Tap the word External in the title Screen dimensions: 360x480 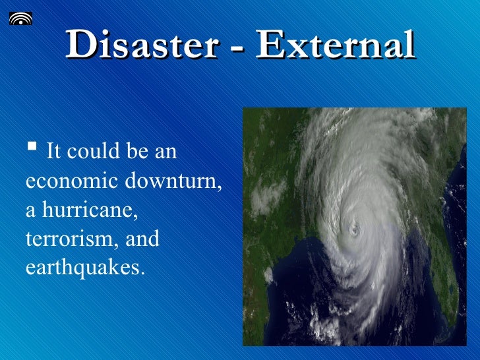point(335,45)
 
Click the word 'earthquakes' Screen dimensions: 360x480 point(82,268)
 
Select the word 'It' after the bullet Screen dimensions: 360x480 point(54,152)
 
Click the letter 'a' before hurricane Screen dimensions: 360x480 point(31,212)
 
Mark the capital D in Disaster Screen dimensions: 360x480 point(80,45)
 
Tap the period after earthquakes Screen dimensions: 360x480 point(140,272)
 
